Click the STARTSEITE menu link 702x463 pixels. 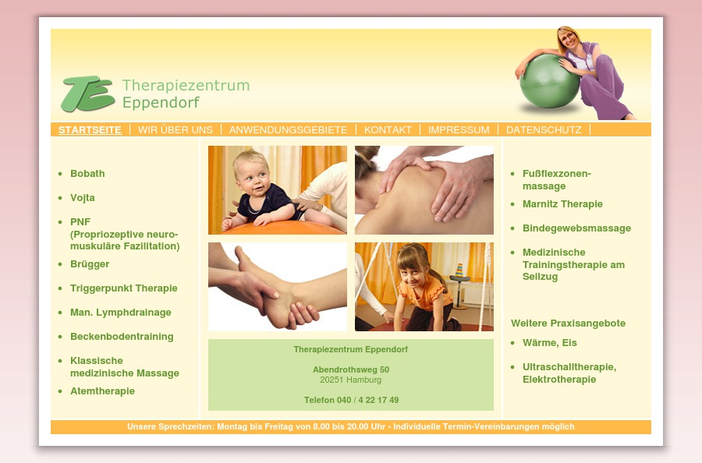[x=90, y=130]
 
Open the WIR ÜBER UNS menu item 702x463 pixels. [x=175, y=130]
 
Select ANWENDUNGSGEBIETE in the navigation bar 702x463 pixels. [x=288, y=130]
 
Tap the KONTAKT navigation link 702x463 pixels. [x=388, y=130]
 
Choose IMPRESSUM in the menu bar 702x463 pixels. [x=459, y=130]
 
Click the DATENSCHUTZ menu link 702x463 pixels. [x=544, y=130]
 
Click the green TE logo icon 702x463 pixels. [x=87, y=94]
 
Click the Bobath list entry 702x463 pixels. [x=87, y=174]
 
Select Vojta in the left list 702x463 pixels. [x=83, y=198]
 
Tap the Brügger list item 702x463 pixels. [x=90, y=264]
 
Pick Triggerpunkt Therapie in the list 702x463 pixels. [x=124, y=288]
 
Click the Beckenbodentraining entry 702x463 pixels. [x=122, y=337]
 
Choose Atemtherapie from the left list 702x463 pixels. [x=102, y=391]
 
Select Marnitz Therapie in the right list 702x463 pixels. [x=562, y=204]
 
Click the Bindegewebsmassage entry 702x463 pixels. [x=576, y=228]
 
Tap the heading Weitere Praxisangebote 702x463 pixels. [x=568, y=323]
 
